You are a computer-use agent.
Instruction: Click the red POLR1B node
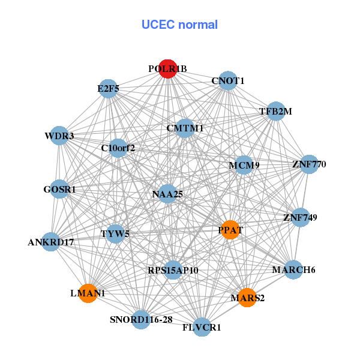tap(167, 69)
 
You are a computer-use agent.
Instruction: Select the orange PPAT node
tap(231, 230)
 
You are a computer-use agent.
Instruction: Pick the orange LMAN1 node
tap(88, 293)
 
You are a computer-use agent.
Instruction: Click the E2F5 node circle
tap(108, 89)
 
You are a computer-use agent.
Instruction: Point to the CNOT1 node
tap(228, 80)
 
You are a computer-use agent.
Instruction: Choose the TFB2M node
tap(275, 111)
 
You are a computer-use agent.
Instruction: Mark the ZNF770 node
tap(308, 164)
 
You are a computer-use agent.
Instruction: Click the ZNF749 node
tap(300, 217)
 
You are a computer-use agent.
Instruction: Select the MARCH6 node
tap(293, 269)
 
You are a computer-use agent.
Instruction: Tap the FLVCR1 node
tap(202, 327)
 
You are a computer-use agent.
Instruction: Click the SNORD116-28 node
tap(141, 319)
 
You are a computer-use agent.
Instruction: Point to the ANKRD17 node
tap(51, 242)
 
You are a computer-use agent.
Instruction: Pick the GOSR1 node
tap(59, 189)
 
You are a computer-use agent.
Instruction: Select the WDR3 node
tap(59, 136)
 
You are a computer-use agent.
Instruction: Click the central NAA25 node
tap(167, 194)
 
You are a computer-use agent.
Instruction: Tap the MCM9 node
tap(243, 165)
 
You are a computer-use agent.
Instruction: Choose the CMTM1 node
tap(185, 128)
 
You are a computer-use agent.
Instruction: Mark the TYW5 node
tap(115, 233)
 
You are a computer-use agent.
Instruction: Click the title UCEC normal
tap(179, 25)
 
